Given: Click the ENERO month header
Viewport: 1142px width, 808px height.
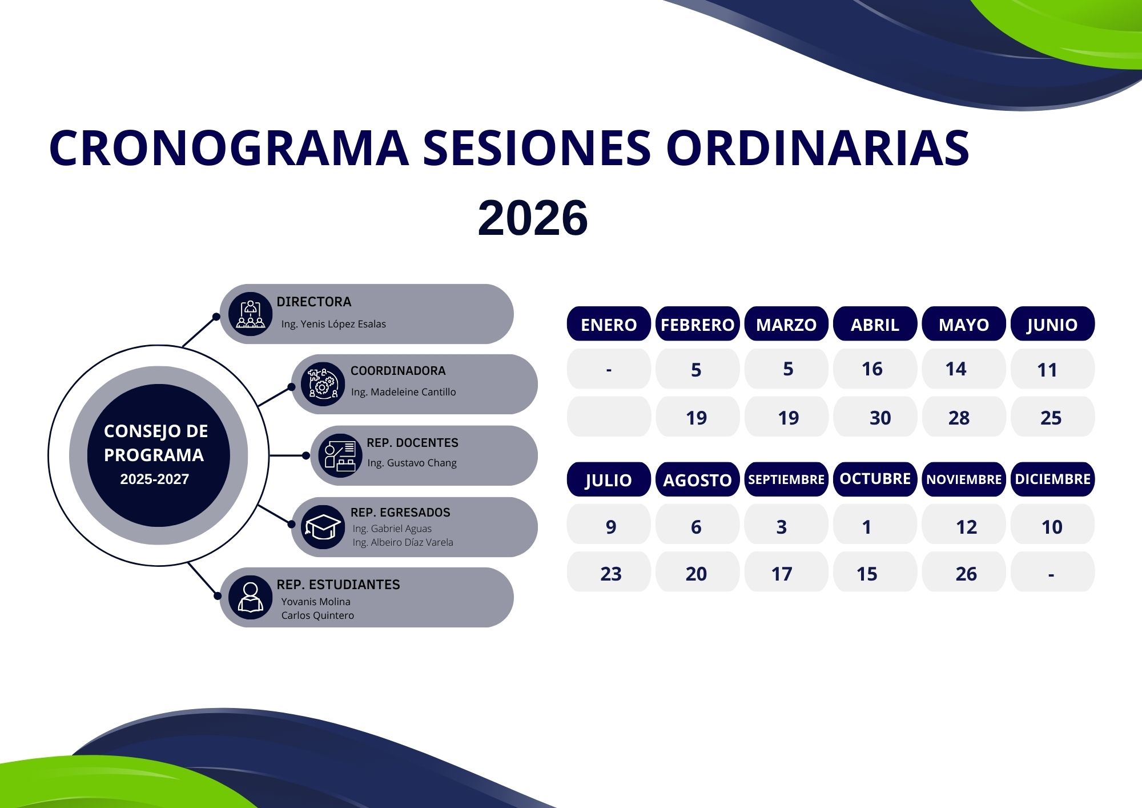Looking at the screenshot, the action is tap(609, 324).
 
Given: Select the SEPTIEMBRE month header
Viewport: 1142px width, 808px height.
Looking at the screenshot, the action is tap(786, 479).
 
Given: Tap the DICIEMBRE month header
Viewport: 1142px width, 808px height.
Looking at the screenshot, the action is tap(1052, 479).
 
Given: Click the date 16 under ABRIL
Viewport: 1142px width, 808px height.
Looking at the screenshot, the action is tap(872, 369).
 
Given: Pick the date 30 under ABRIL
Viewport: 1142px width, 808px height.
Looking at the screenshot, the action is tap(880, 418).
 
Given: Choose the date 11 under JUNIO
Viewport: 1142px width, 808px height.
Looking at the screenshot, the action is tap(1047, 370).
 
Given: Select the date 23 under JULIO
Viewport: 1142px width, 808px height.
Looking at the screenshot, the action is tap(610, 574).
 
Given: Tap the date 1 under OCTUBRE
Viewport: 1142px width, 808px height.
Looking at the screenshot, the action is tap(867, 527).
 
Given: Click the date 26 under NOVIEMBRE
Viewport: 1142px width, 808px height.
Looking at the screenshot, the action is tap(966, 574).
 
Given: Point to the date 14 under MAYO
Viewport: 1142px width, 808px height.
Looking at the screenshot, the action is tap(956, 369).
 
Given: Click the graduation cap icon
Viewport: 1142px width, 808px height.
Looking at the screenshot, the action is tap(323, 527).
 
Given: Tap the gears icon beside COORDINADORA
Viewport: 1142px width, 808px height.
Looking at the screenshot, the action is tap(323, 384).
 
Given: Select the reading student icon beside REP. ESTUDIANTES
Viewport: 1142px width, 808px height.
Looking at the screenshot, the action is tap(250, 597).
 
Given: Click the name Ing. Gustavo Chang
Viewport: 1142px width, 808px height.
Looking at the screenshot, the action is tap(412, 463).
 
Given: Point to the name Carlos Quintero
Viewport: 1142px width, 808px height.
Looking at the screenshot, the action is tap(317, 615).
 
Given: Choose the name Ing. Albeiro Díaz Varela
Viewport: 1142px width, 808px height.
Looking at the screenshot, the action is tap(403, 542).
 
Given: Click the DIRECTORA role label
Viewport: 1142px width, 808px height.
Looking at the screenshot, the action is tap(314, 302).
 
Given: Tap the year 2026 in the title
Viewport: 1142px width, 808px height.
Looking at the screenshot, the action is tap(533, 218).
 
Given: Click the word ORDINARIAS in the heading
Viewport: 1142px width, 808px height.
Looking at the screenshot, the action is tap(818, 148).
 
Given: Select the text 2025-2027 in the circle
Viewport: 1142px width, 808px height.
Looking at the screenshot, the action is tap(154, 479).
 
